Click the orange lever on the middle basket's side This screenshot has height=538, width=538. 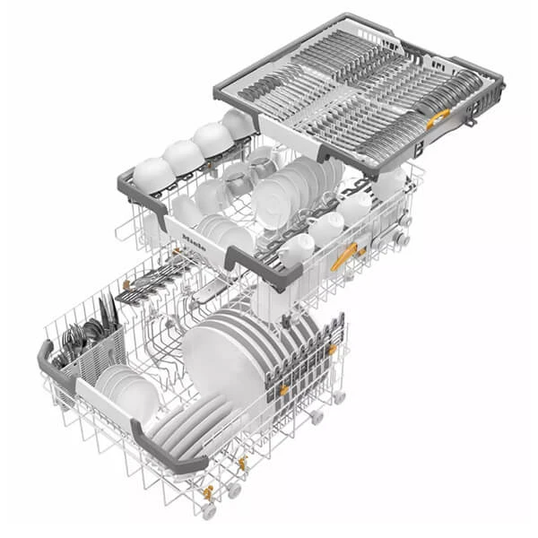(343, 257)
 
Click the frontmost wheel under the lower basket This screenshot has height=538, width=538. (208, 511)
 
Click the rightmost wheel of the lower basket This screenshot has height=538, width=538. (340, 395)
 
